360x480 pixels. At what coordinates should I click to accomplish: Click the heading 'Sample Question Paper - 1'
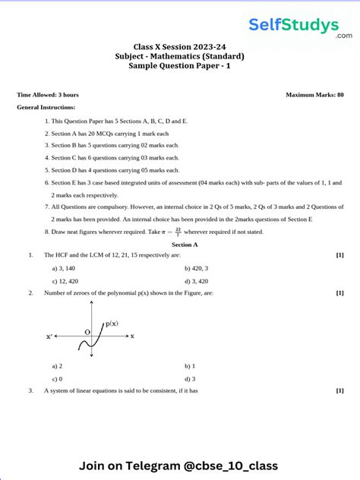tap(180, 67)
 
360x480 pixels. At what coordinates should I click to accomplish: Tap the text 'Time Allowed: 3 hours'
tap(47, 95)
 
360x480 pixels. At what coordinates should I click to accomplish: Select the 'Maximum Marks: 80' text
tap(314, 95)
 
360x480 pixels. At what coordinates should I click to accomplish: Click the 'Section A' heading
tap(185, 245)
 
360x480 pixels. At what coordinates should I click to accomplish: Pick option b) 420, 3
tap(196, 268)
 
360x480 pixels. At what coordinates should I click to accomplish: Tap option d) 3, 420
tap(196, 280)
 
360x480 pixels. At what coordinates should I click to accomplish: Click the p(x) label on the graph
tap(112, 324)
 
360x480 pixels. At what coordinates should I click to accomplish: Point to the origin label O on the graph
tap(87, 332)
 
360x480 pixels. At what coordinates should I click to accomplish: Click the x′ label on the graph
tap(49, 336)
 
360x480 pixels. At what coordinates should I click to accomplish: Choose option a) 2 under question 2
tap(56, 366)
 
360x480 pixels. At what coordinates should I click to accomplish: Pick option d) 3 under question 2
tap(190, 378)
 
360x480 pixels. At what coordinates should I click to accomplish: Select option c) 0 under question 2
tap(56, 378)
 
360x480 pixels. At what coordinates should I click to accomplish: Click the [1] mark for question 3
tap(339, 390)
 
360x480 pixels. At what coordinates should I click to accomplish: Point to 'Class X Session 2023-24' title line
tap(180, 46)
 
